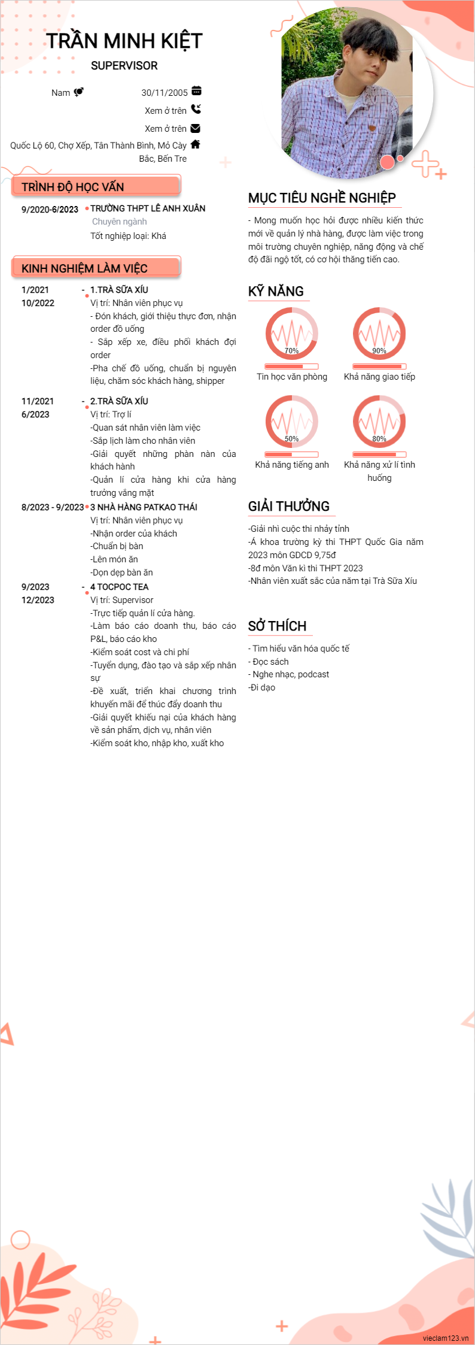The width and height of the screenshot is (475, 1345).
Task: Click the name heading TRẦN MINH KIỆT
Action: (124, 41)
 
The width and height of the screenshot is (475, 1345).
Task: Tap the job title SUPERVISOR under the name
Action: (124, 66)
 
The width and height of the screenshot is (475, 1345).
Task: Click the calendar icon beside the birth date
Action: (196, 91)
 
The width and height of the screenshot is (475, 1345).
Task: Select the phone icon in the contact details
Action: (196, 110)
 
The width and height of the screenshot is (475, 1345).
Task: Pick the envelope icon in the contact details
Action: (195, 128)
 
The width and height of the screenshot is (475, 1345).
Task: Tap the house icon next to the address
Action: (195, 144)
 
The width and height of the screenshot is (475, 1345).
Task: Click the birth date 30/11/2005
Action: (165, 93)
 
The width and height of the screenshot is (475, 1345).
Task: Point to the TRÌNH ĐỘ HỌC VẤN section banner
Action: (96, 186)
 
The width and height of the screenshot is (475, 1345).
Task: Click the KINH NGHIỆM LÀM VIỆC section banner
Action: (96, 268)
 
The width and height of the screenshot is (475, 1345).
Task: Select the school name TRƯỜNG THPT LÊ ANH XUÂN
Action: (148, 208)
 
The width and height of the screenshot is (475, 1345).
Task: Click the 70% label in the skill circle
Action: (291, 351)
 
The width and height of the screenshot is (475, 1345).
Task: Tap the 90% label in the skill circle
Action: (379, 351)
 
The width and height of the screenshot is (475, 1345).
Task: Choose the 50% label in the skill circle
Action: (291, 439)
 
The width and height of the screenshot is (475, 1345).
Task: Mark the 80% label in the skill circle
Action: (379, 439)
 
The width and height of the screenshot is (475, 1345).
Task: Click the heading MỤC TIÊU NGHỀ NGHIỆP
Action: (322, 198)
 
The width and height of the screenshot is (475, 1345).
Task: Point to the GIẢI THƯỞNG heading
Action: (289, 507)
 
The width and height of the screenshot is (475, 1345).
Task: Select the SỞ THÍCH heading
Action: (278, 626)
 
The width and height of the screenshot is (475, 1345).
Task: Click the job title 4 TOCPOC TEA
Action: (120, 587)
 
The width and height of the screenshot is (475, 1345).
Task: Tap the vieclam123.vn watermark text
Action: (445, 1338)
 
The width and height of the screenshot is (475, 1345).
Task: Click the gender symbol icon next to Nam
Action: (78, 92)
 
